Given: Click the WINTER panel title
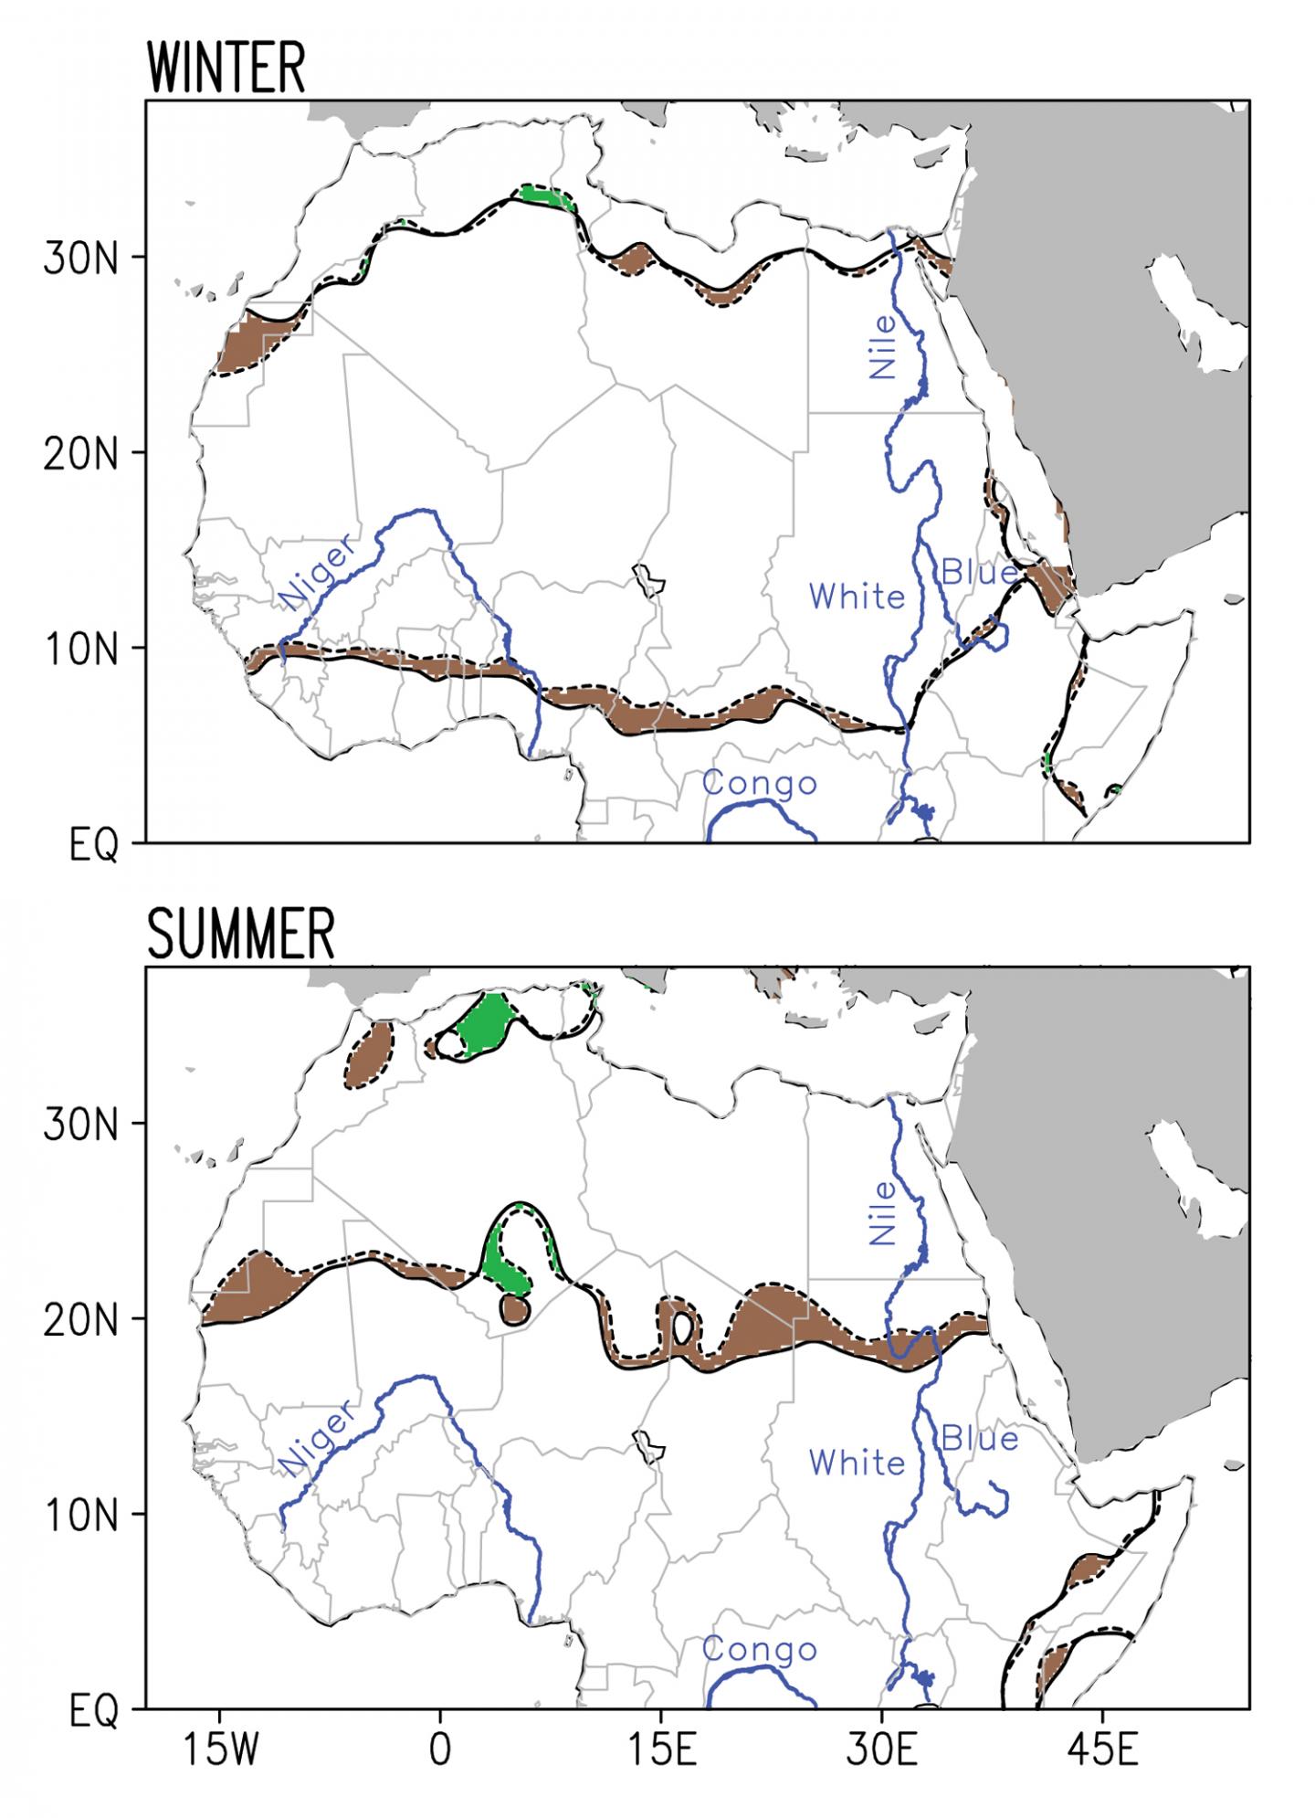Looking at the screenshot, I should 225,68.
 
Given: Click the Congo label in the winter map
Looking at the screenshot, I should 759,784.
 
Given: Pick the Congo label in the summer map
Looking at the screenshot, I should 759,1650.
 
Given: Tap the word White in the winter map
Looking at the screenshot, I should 857,597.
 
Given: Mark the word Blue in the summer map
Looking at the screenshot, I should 980,1439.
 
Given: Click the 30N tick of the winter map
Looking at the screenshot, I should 81,259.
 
